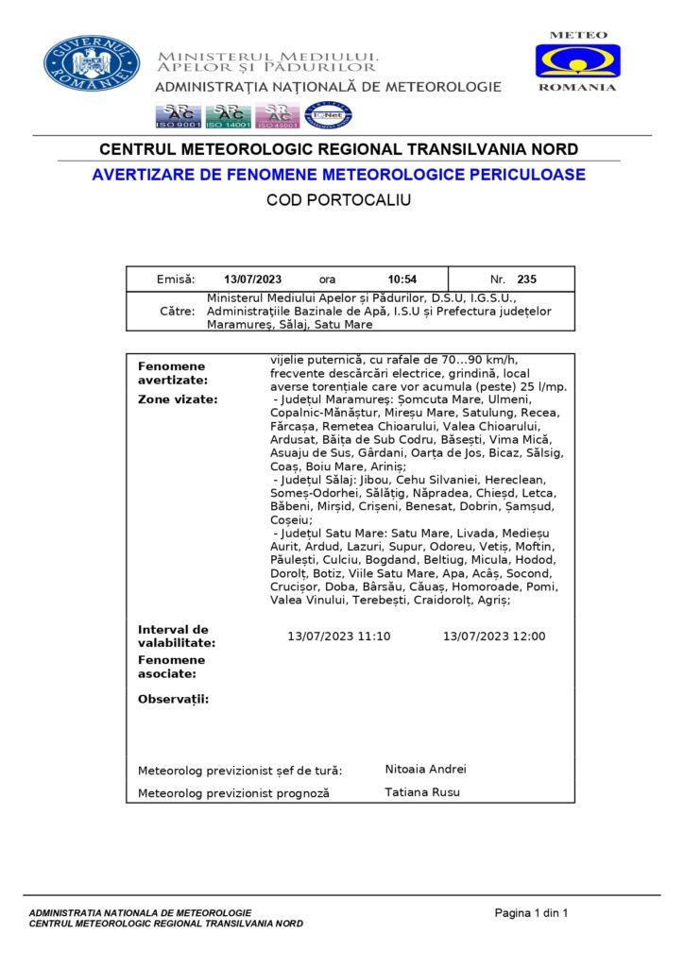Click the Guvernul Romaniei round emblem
tap(92, 63)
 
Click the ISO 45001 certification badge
tap(278, 115)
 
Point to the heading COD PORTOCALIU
tap(338, 200)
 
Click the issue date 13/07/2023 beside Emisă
tap(253, 280)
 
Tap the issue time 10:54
tap(402, 280)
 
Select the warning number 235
tap(526, 280)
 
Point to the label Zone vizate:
tap(178, 399)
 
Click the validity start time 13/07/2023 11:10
tap(338, 636)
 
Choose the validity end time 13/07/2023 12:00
tap(494, 636)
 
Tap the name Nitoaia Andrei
tap(425, 770)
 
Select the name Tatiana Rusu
tap(422, 792)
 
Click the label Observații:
tap(173, 700)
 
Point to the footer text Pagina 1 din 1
tap(531, 912)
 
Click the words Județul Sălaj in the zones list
tap(318, 481)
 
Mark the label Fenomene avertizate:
tap(172, 373)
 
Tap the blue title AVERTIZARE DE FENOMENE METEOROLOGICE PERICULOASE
tap(338, 175)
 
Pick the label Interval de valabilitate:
tap(177, 636)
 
